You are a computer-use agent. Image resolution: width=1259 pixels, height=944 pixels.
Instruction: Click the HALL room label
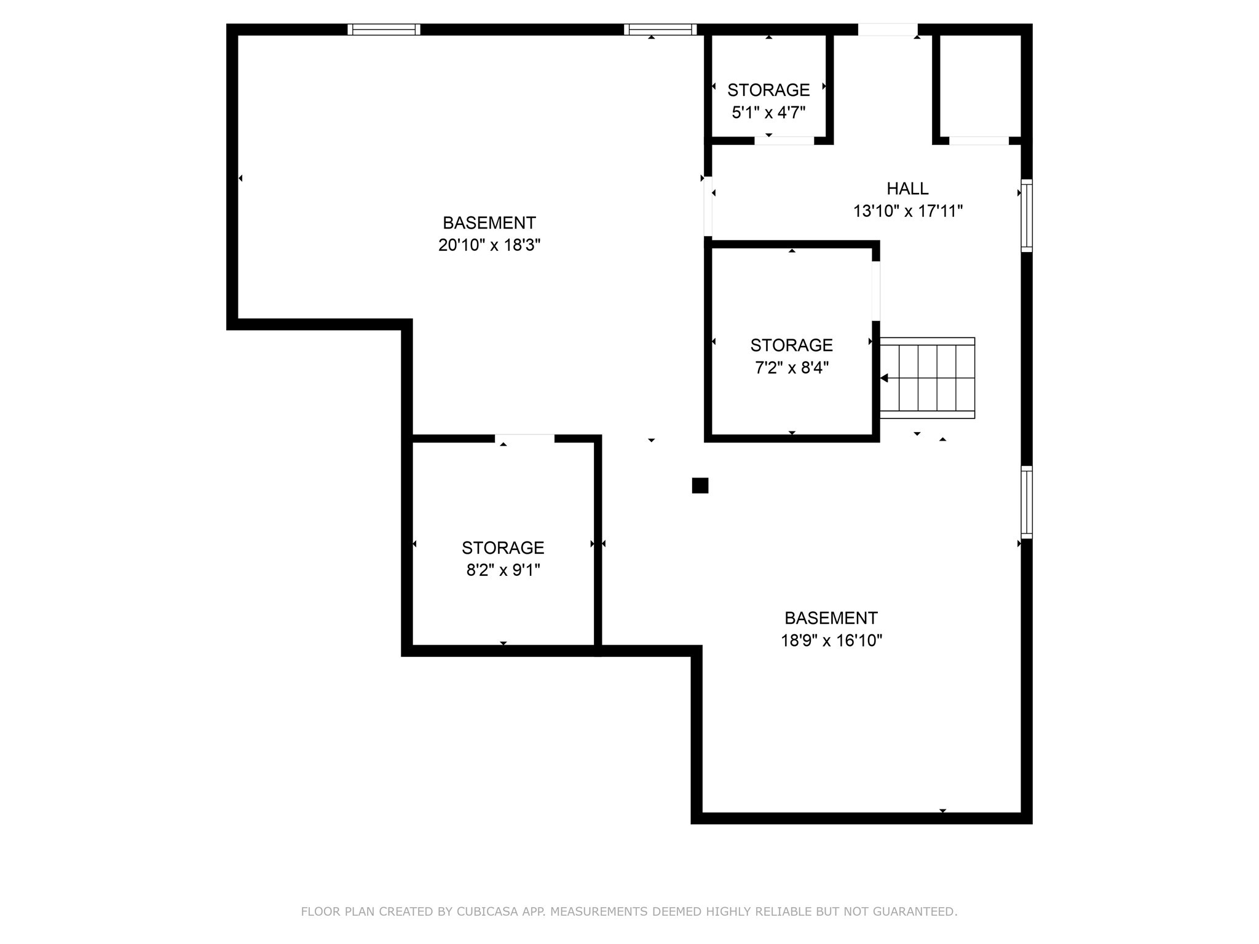(x=907, y=189)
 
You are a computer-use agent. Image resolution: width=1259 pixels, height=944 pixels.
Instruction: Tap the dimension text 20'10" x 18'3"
(x=489, y=245)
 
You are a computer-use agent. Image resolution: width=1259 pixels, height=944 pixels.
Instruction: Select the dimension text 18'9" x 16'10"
(x=831, y=640)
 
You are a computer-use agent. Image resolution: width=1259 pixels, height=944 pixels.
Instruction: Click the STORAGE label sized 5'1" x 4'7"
(x=768, y=90)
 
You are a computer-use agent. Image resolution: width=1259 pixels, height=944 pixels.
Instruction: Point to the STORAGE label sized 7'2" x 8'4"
(x=791, y=345)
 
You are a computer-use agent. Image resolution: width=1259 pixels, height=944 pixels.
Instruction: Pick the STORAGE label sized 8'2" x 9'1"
(x=503, y=548)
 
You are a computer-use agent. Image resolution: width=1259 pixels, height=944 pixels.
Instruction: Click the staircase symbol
(x=927, y=378)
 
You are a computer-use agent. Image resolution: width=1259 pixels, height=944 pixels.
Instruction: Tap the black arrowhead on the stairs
(x=884, y=378)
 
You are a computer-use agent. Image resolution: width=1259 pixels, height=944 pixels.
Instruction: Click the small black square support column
(x=700, y=486)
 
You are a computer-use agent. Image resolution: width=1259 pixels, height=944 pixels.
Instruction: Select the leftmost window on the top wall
(x=384, y=29)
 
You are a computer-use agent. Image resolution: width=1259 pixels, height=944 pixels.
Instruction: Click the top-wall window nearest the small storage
(x=660, y=29)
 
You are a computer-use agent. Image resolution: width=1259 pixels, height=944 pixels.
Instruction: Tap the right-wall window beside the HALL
(x=1027, y=215)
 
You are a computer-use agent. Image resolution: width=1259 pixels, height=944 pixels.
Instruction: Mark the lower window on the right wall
(x=1027, y=502)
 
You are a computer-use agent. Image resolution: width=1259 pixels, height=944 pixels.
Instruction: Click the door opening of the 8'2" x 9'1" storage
(x=524, y=438)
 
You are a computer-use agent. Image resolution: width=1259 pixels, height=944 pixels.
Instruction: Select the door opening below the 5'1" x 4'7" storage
(x=784, y=141)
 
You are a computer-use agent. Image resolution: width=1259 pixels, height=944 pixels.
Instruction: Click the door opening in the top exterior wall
(x=887, y=29)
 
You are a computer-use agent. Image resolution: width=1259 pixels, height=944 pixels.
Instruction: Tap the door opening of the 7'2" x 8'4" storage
(x=875, y=291)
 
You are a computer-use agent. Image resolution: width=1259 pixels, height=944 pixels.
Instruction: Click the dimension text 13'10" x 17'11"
(x=907, y=211)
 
